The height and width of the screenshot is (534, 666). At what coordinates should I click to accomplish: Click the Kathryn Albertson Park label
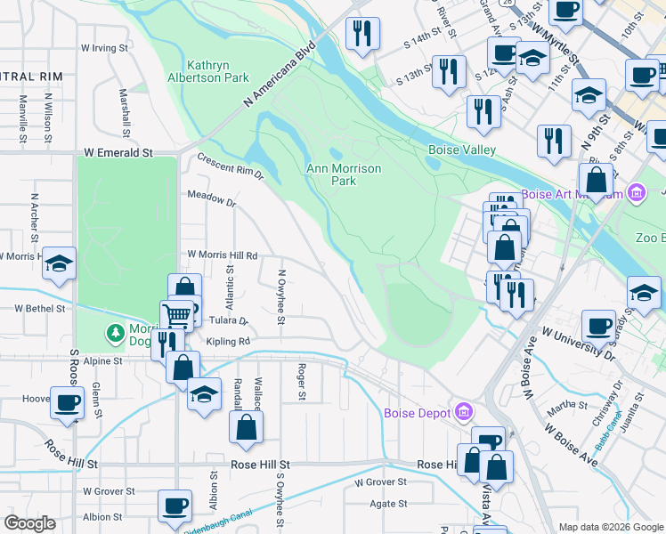click(218, 71)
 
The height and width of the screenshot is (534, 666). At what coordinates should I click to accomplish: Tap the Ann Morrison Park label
click(344, 174)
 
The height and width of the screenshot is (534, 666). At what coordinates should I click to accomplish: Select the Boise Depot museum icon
click(463, 412)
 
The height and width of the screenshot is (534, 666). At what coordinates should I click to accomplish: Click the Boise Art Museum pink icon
click(636, 193)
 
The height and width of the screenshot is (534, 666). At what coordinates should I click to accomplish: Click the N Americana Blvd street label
click(281, 75)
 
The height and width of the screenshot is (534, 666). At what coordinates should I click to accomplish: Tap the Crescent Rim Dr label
click(231, 168)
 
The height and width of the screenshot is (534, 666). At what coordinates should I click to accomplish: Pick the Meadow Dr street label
click(211, 202)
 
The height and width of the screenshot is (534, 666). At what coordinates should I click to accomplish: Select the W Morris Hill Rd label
click(222, 255)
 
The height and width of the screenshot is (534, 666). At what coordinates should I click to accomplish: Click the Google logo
click(30, 523)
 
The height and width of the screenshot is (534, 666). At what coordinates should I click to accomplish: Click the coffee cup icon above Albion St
click(175, 505)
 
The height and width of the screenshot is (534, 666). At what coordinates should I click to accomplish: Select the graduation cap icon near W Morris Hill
click(59, 263)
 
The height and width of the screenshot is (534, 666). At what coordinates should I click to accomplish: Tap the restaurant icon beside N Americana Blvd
click(361, 33)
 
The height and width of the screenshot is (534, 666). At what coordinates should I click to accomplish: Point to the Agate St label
click(388, 503)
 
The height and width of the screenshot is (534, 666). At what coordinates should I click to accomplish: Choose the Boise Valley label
click(461, 150)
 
